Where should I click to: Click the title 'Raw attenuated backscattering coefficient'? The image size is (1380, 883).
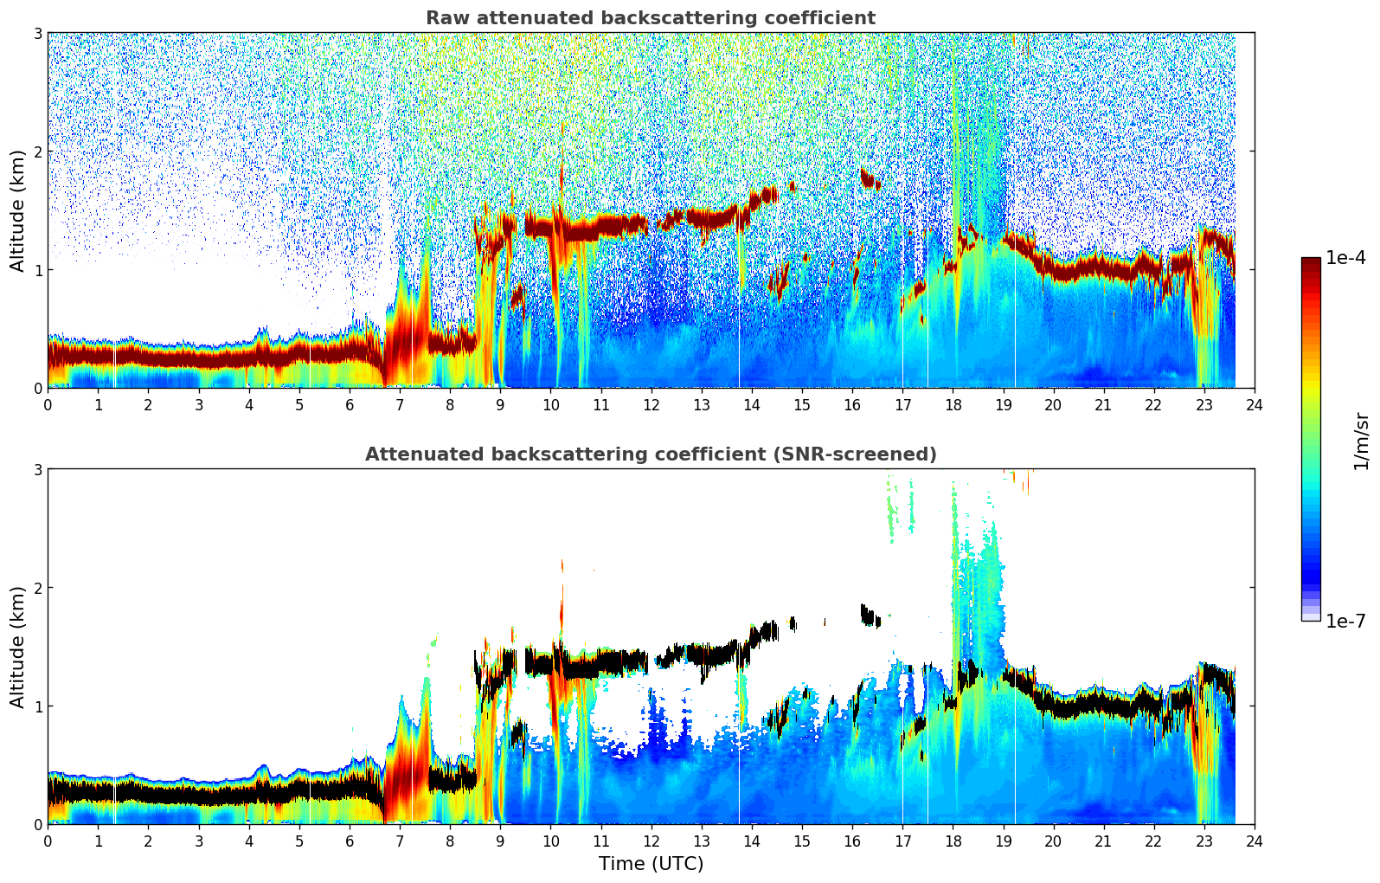pyautogui.click(x=650, y=18)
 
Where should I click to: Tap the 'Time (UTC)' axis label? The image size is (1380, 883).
pyautogui.click(x=651, y=864)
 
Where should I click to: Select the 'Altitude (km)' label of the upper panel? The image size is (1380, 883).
pyautogui.click(x=17, y=210)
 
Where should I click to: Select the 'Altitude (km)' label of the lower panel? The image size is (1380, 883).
pyautogui.click(x=17, y=647)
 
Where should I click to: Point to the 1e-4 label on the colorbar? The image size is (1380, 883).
pyautogui.click(x=1345, y=258)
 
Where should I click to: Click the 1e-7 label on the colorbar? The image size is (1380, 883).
pyautogui.click(x=1345, y=621)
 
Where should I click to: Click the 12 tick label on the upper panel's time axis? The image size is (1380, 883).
pyautogui.click(x=651, y=404)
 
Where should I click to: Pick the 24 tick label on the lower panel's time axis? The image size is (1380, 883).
pyautogui.click(x=1254, y=841)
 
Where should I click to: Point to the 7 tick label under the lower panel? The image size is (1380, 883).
pyautogui.click(x=400, y=841)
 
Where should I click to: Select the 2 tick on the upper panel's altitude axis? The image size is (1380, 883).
pyautogui.click(x=37, y=151)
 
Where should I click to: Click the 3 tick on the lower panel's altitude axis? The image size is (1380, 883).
pyautogui.click(x=37, y=469)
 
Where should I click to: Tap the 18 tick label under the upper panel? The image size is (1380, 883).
pyautogui.click(x=953, y=404)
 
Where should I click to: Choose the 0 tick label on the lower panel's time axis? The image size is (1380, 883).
pyautogui.click(x=48, y=841)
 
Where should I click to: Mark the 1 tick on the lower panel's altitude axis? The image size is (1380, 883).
pyautogui.click(x=37, y=706)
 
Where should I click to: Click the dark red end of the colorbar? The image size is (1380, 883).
pyautogui.click(x=1311, y=262)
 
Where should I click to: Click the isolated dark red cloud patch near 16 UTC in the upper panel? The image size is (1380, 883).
pyautogui.click(x=869, y=178)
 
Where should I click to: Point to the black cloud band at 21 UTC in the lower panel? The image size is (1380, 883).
pyautogui.click(x=1103, y=703)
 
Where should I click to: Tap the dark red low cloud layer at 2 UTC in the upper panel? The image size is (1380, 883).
pyautogui.click(x=148, y=356)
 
